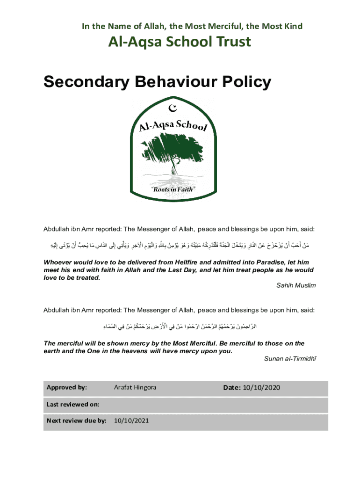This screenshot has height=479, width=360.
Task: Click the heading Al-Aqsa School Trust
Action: point(180,42)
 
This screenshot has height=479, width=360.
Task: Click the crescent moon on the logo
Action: point(173,109)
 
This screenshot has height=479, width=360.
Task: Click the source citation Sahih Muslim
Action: point(296,285)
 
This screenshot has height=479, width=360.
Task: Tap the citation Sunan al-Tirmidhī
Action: point(287,358)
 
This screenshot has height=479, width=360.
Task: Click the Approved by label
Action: point(67,387)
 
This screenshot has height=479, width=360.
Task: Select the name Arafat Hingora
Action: point(135,387)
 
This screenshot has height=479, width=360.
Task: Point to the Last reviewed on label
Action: point(72,404)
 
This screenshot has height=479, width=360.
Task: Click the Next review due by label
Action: point(77,421)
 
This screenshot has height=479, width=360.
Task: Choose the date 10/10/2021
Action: point(131,421)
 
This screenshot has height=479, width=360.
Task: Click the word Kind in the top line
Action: point(293,26)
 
